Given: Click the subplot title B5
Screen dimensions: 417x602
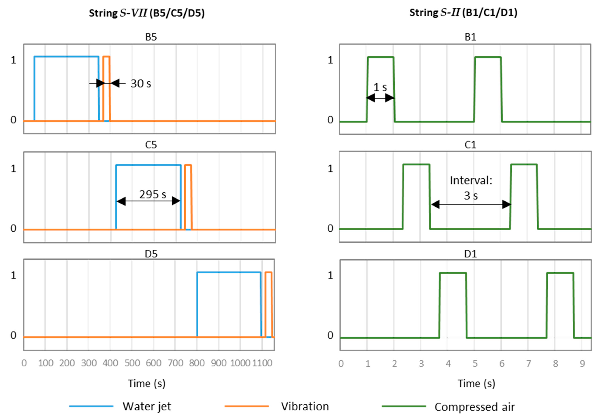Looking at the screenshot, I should click(x=151, y=37).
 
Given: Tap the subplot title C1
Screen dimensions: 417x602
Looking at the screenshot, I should click(x=470, y=145).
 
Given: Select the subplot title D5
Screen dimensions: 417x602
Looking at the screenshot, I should click(x=151, y=254).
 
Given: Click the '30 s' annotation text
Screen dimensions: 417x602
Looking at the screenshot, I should click(x=141, y=84).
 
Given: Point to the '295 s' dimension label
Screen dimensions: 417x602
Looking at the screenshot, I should click(x=153, y=194).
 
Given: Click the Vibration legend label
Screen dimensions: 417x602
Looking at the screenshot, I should click(x=305, y=406).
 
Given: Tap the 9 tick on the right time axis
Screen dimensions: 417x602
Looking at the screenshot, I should click(x=582, y=364).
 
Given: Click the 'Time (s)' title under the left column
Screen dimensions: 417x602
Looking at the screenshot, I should click(x=147, y=383).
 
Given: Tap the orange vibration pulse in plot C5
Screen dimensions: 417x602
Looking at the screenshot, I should click(x=188, y=196).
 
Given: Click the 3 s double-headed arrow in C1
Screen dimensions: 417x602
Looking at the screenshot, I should click(x=471, y=204).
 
